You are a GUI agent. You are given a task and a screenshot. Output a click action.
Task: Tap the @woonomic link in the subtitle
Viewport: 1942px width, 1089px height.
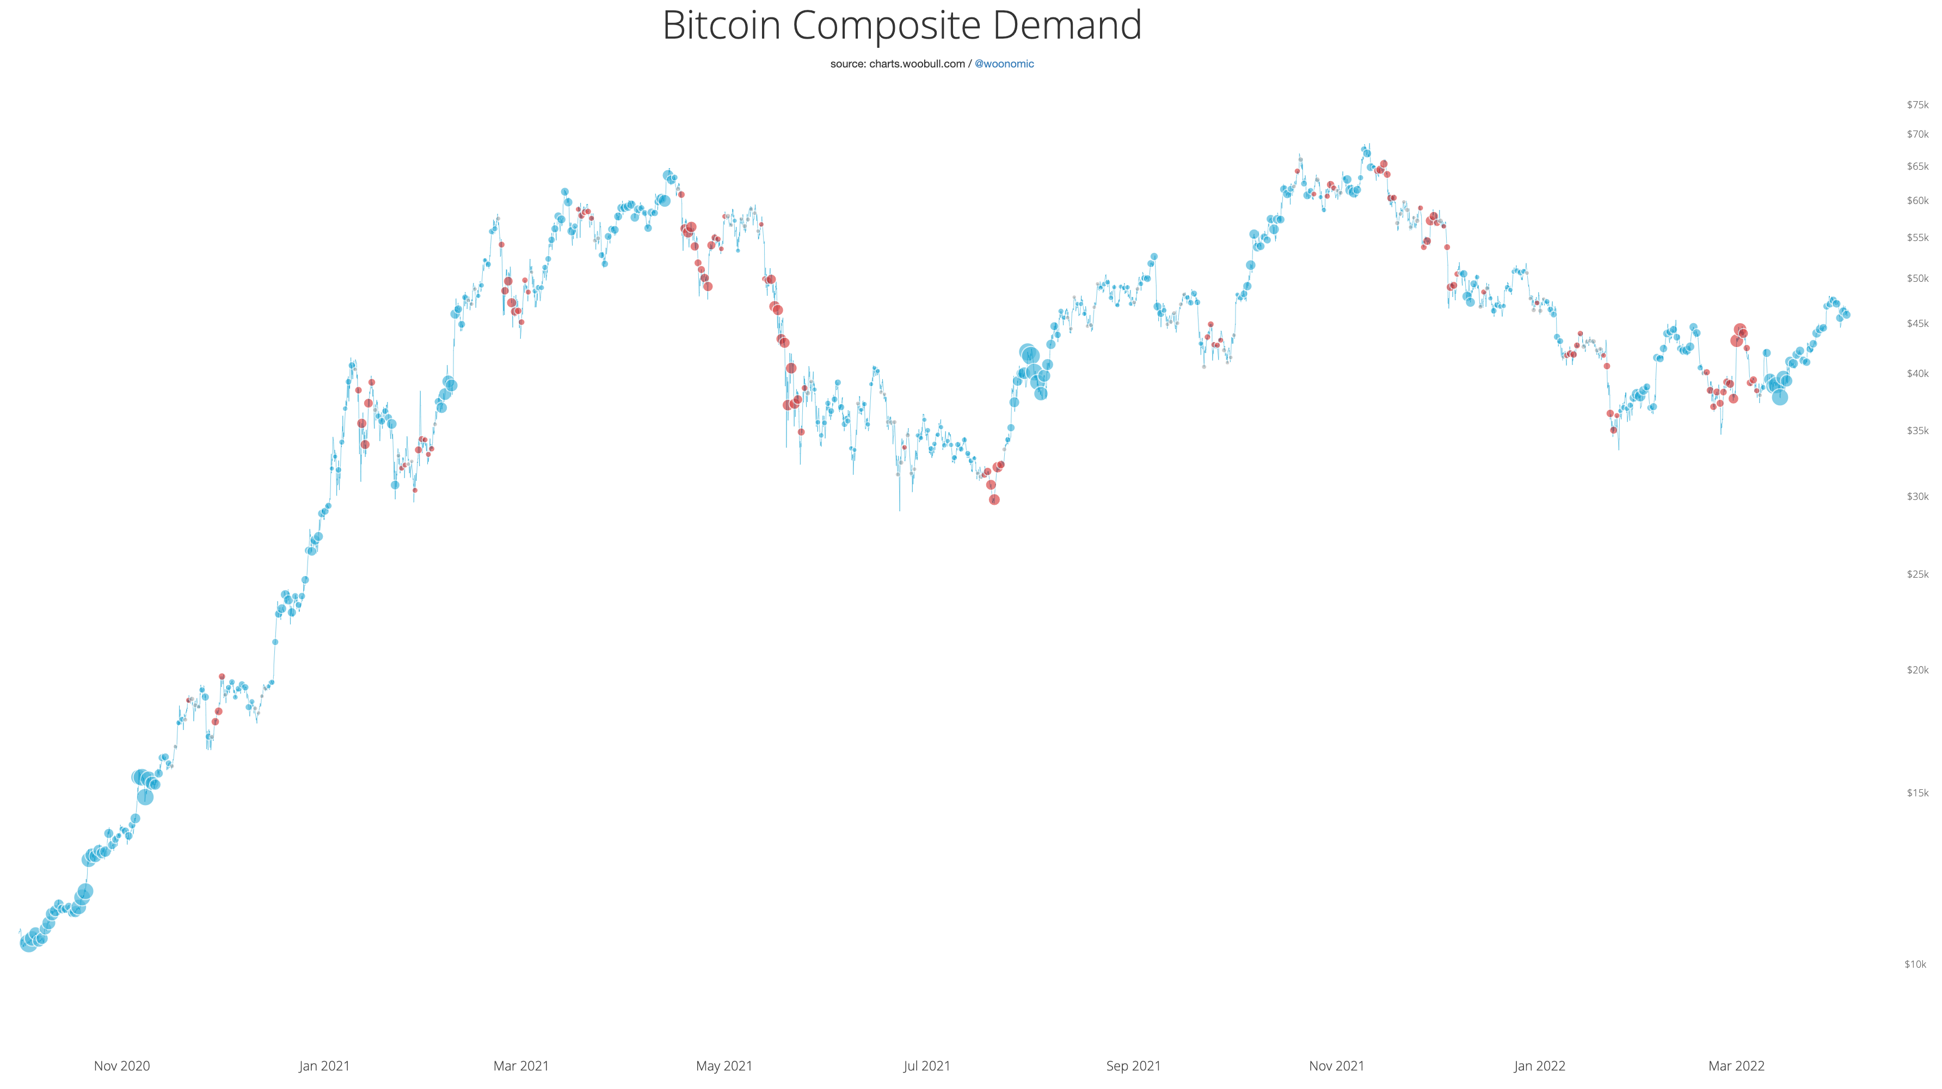click(1004, 64)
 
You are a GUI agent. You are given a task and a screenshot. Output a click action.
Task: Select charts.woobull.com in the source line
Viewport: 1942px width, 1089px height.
click(917, 64)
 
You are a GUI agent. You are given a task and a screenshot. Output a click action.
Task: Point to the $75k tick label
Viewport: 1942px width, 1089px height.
click(1917, 105)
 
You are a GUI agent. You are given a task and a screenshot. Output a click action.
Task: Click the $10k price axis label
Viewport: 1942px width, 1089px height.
click(1916, 964)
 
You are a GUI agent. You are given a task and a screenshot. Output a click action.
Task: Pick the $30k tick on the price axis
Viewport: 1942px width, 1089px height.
click(1917, 496)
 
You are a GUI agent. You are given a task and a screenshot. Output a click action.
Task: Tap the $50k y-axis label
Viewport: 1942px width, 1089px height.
click(1917, 278)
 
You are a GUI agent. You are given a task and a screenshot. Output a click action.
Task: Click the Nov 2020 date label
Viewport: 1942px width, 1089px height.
click(122, 1066)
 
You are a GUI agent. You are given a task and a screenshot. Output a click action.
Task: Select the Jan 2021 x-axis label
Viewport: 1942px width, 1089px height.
click(324, 1066)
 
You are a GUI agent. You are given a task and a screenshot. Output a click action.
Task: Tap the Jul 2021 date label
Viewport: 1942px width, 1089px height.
click(926, 1066)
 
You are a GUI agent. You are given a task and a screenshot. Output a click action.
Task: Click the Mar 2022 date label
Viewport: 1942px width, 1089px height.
click(1736, 1066)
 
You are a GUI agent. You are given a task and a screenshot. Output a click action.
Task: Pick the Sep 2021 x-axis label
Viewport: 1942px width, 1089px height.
click(1133, 1066)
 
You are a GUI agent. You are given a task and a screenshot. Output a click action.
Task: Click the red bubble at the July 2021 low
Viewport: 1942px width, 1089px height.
click(994, 500)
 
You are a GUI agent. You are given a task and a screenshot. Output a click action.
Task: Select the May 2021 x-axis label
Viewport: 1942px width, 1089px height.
click(724, 1066)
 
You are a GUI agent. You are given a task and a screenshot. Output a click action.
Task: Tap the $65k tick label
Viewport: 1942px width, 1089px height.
click(1917, 166)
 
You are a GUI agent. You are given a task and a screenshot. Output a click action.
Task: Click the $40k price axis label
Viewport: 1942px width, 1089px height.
click(1917, 373)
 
